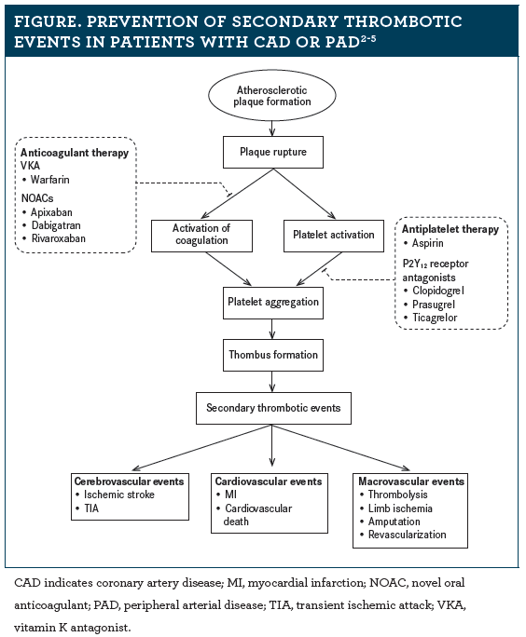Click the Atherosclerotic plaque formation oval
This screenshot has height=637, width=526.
pos(271,96)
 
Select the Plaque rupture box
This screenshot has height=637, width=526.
pos(273,152)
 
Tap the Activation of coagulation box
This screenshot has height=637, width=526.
pos(201,236)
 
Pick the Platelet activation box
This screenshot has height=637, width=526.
pos(334,236)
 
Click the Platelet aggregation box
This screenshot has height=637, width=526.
pos(273,303)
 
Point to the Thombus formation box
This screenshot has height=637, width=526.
pos(273,355)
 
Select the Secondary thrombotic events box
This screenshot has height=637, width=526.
pos(273,408)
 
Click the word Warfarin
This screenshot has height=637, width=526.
pos(50,180)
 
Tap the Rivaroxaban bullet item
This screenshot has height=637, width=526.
pos(54,238)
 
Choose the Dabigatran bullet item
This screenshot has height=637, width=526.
pos(51,225)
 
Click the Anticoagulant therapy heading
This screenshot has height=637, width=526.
pos(75,153)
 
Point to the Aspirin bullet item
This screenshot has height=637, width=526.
pos(423,243)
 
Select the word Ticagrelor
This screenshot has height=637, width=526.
pos(435,318)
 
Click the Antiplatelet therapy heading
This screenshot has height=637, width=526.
pos(450,229)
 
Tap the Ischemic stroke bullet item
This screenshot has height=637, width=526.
pos(115,495)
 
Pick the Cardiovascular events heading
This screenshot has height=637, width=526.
pos(269,481)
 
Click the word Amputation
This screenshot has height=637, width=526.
pos(394,522)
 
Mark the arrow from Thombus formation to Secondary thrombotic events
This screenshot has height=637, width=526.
pos(272,382)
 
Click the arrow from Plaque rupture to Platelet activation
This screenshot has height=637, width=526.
pos(304,194)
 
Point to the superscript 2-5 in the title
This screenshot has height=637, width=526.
pos(367,39)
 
